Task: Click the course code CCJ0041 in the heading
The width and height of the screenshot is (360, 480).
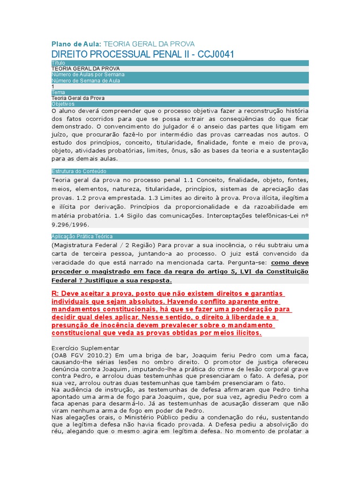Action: (212, 54)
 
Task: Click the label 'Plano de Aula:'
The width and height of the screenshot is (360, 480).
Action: (76, 44)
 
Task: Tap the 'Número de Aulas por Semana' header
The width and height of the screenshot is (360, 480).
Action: (88, 75)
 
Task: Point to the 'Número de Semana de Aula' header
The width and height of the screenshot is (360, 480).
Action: (86, 81)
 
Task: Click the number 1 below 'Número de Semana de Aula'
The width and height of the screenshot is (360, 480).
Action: (53, 86)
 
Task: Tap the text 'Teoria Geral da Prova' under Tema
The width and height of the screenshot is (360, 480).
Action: (78, 98)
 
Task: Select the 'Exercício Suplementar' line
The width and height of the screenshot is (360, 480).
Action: (85, 348)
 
